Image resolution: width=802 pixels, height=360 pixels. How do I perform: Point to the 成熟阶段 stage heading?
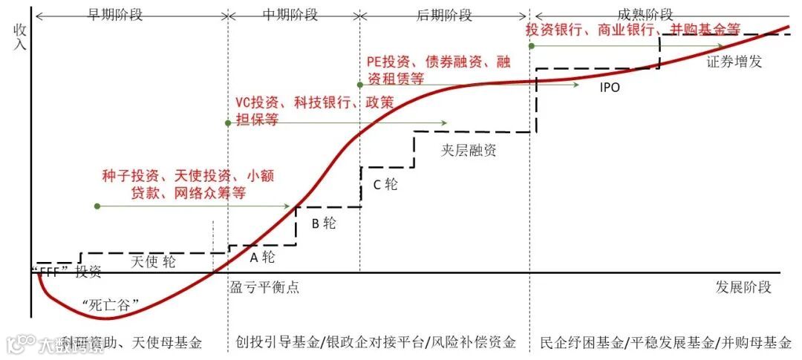[645, 14]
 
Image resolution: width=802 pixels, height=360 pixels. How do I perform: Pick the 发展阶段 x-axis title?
[744, 287]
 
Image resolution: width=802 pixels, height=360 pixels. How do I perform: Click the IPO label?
[610, 87]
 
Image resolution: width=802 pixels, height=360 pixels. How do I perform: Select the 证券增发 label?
[734, 62]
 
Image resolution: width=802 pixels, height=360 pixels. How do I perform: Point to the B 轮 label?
[324, 223]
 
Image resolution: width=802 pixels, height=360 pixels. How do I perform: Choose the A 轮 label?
[262, 258]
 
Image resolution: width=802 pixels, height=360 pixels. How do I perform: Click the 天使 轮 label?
[154, 261]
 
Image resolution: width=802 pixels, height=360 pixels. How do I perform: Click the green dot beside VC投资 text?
[227, 122]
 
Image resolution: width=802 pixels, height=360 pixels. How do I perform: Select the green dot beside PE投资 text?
[360, 85]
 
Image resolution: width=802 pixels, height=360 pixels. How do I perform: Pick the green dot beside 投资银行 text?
[532, 46]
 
